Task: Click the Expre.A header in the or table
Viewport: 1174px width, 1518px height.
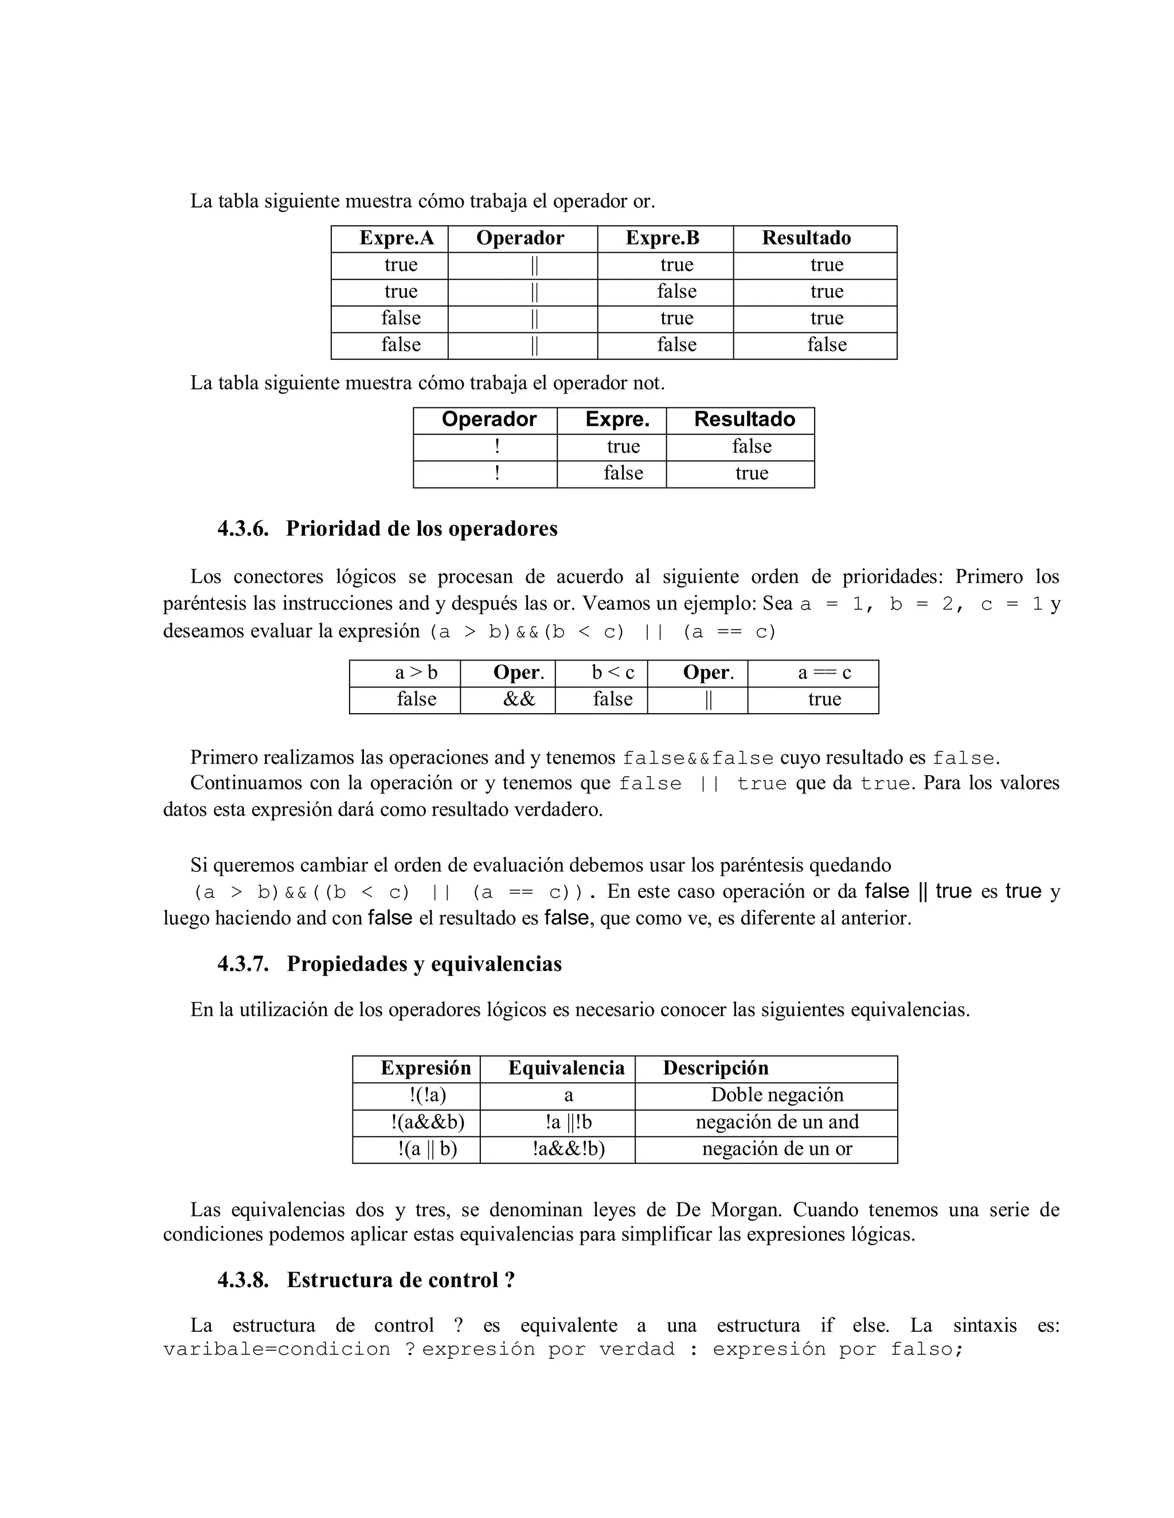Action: click(x=397, y=238)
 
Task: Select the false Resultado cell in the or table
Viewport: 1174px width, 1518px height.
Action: click(x=826, y=345)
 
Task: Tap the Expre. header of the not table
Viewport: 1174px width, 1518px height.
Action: click(x=617, y=420)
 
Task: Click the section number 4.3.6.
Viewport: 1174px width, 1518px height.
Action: click(x=242, y=529)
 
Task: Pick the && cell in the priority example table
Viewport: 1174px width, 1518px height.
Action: click(x=518, y=699)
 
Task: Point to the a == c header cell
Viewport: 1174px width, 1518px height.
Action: click(x=824, y=673)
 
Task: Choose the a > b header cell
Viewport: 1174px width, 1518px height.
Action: click(x=416, y=673)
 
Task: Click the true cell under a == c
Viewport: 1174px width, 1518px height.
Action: click(x=824, y=699)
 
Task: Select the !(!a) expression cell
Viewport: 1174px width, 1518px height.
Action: click(x=427, y=1095)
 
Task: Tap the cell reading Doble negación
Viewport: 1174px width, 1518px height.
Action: click(x=777, y=1095)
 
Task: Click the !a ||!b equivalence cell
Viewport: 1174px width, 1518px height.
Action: click(x=568, y=1122)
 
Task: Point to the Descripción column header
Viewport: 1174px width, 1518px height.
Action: click(x=715, y=1068)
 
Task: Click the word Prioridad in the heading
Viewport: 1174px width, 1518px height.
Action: click(x=333, y=529)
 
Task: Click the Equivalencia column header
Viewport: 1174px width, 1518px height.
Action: click(x=566, y=1068)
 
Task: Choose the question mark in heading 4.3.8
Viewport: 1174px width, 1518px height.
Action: click(x=510, y=1280)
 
